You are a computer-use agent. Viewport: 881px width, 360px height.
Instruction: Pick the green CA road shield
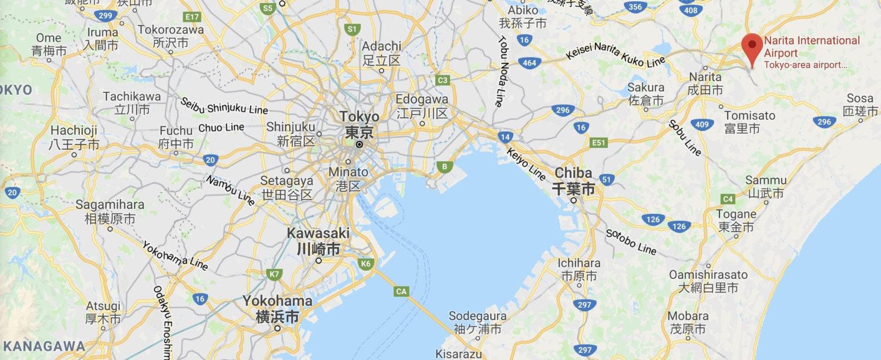coord(402,291)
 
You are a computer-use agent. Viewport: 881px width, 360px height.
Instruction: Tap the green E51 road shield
coord(598,143)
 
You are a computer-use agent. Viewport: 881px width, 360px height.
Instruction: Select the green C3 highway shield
coord(443,80)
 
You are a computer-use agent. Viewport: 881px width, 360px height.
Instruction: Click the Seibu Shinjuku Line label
coord(224,106)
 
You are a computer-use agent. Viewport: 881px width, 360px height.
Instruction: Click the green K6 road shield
coord(366,264)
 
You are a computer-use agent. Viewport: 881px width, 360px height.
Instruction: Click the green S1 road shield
coord(352,28)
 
